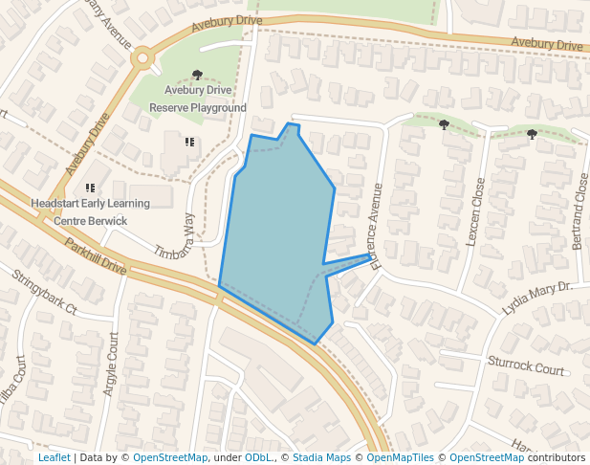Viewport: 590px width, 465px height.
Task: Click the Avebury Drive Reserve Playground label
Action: pyautogui.click(x=198, y=99)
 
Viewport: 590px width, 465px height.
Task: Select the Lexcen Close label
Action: pyautogui.click(x=475, y=212)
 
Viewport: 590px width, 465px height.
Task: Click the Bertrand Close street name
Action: pyautogui.click(x=579, y=211)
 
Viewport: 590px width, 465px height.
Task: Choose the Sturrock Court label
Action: pyautogui.click(x=525, y=365)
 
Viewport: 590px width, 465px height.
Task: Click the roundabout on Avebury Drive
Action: pyautogui.click(x=143, y=57)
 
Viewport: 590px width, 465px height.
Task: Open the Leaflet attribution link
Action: pyautogui.click(x=54, y=457)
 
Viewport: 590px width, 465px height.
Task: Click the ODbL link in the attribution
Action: pyautogui.click(x=257, y=457)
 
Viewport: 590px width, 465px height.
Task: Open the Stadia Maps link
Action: pyautogui.click(x=321, y=457)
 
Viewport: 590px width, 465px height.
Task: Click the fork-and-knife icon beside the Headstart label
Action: pyautogui.click(x=91, y=188)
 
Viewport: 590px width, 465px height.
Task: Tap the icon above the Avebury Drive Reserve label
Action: pyautogui.click(x=197, y=74)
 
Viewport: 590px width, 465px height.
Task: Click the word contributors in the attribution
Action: pyautogui.click(x=557, y=457)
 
